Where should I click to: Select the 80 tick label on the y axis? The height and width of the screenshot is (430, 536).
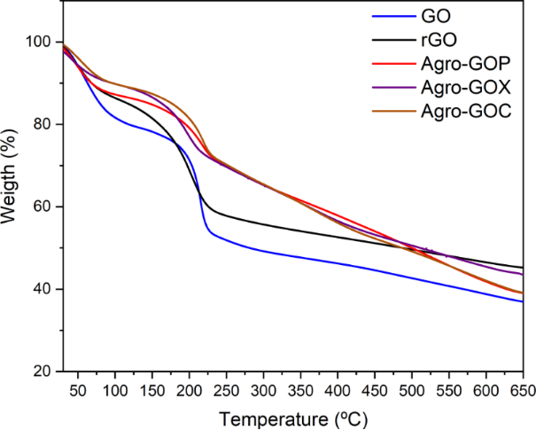(x=40, y=124)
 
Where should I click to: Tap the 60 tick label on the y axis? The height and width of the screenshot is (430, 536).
(x=40, y=207)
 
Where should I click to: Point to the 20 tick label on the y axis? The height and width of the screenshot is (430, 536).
(x=40, y=371)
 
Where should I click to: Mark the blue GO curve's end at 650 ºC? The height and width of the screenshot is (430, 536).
(x=522, y=301)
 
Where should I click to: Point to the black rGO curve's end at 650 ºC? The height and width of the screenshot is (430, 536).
(x=522, y=268)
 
